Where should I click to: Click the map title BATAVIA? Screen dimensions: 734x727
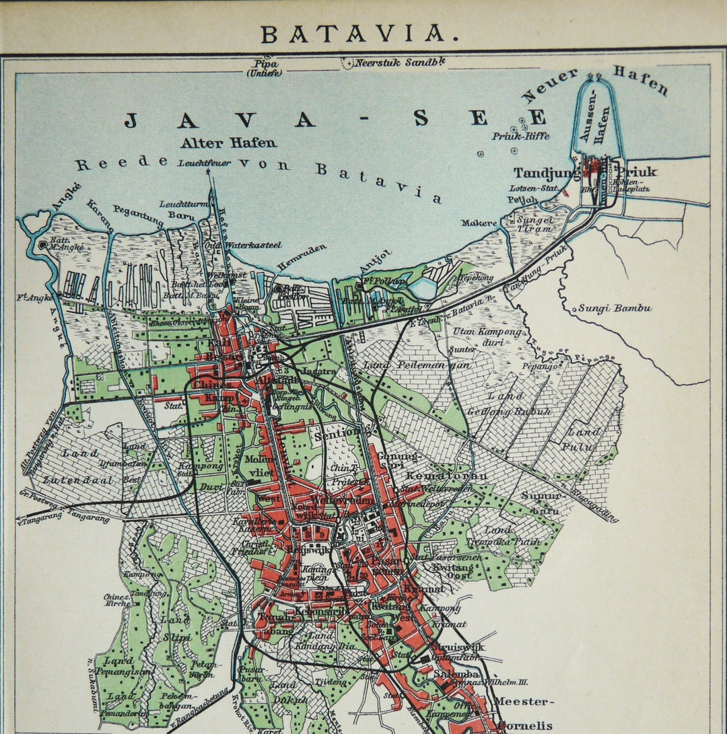353,34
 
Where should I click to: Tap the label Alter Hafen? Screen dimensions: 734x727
228,143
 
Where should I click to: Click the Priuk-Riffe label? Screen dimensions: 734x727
520,136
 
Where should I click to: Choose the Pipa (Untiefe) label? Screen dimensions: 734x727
265,68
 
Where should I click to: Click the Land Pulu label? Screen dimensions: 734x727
580,439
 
